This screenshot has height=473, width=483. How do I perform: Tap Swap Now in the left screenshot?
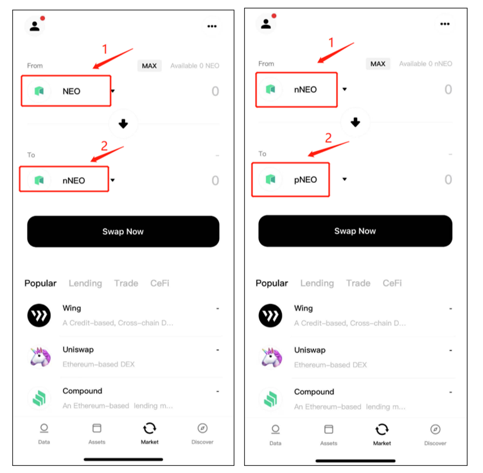(x=123, y=232)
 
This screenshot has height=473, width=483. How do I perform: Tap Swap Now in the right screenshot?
(x=355, y=231)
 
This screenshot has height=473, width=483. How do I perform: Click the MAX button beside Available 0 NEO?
(x=150, y=66)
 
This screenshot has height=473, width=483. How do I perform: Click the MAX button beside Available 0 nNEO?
(x=378, y=64)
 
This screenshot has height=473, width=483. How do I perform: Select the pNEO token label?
(x=305, y=180)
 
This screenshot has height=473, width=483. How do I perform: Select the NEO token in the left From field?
(x=71, y=91)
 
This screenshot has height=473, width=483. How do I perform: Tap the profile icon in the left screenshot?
(x=35, y=26)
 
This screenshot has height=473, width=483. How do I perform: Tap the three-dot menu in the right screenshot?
(x=445, y=24)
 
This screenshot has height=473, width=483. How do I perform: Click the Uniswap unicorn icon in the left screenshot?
(x=40, y=357)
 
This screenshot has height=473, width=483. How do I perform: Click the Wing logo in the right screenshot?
(x=270, y=315)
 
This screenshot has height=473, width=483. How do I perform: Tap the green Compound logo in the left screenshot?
(x=39, y=398)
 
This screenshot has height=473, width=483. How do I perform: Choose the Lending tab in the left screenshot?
(x=85, y=283)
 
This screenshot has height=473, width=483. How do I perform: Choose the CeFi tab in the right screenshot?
(x=392, y=283)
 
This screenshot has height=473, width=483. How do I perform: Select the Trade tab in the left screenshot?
(x=126, y=283)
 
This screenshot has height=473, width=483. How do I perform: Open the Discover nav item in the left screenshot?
(x=202, y=434)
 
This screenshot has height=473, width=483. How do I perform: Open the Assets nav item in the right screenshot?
(x=329, y=435)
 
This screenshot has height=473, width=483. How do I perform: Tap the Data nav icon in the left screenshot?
(x=44, y=428)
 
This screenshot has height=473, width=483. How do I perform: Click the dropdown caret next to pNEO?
(x=345, y=179)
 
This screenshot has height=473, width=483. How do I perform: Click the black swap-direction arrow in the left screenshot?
(x=123, y=124)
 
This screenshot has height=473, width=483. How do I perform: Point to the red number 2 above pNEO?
(x=328, y=138)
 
